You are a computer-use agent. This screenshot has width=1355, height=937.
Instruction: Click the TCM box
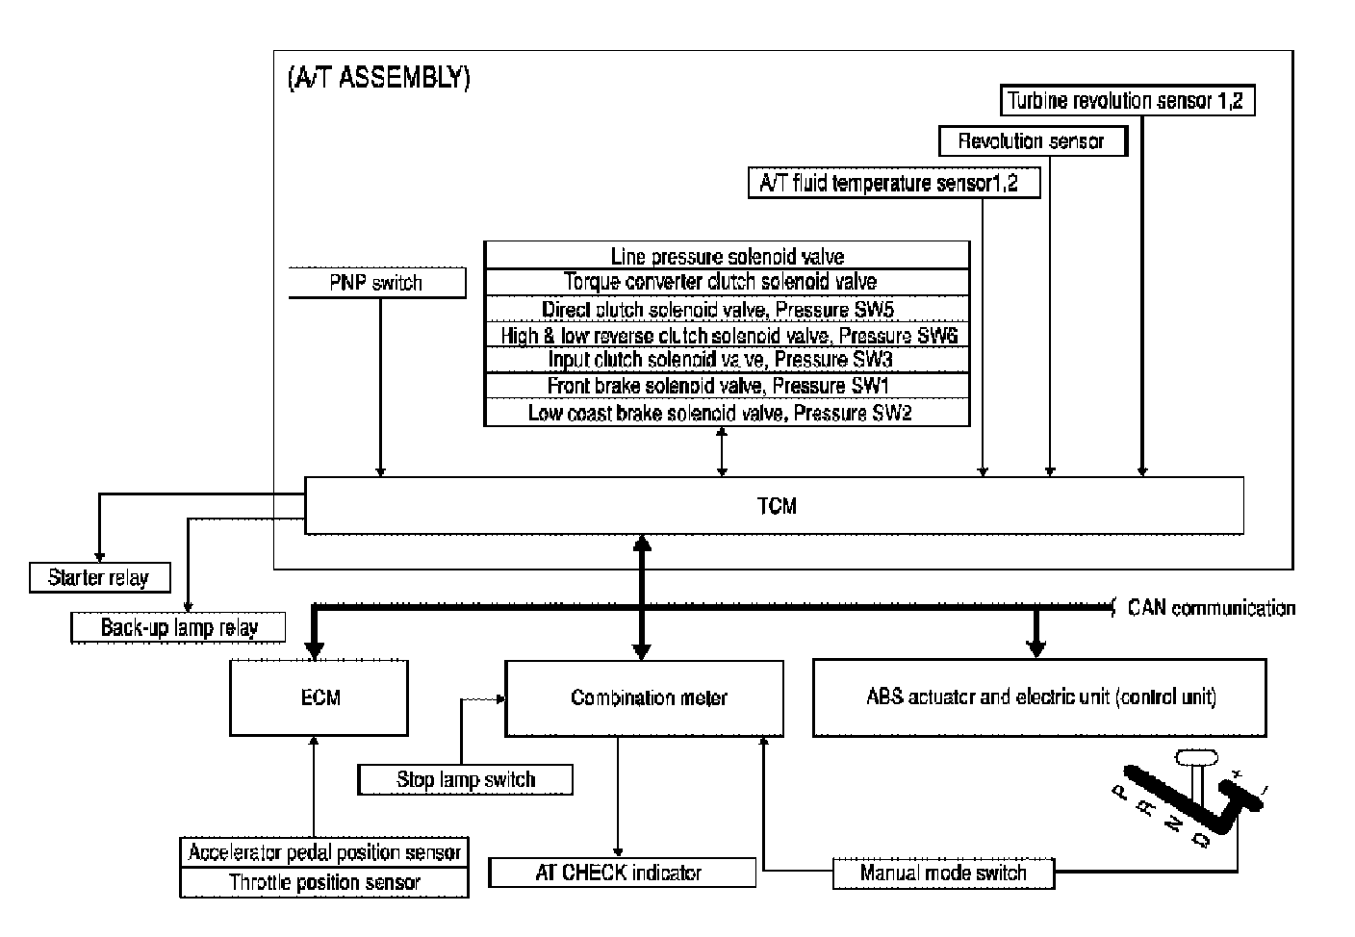[x=775, y=505]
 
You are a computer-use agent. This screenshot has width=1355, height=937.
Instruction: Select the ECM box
[x=320, y=696]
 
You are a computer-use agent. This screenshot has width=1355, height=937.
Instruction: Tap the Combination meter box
[x=649, y=697]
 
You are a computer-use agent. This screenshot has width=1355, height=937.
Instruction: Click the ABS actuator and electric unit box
[x=1039, y=697]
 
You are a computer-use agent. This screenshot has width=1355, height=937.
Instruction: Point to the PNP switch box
[x=377, y=283]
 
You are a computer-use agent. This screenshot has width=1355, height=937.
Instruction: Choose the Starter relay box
[x=100, y=578]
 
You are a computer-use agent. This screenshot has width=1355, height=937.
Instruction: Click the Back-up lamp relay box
[x=180, y=628]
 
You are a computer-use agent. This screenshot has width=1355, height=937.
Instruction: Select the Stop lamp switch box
[x=465, y=779]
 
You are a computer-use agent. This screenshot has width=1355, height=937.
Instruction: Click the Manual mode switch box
[x=943, y=874]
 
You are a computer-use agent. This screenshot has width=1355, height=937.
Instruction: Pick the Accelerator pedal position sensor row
[x=324, y=852]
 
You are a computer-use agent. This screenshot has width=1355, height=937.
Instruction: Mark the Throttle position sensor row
[x=324, y=882]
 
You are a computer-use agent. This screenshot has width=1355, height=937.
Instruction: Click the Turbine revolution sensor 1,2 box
[x=1125, y=100]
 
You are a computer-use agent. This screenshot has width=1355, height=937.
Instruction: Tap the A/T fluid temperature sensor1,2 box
[x=894, y=183]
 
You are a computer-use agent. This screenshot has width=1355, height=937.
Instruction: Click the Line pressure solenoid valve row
[x=727, y=256]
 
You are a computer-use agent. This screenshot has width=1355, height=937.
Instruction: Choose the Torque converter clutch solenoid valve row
[x=727, y=282]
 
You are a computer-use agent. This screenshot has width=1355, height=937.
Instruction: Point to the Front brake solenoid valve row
[x=727, y=386]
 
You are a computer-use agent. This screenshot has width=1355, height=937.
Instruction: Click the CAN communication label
[x=1211, y=608]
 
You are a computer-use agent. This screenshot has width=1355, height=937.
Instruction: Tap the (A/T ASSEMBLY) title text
[x=378, y=78]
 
